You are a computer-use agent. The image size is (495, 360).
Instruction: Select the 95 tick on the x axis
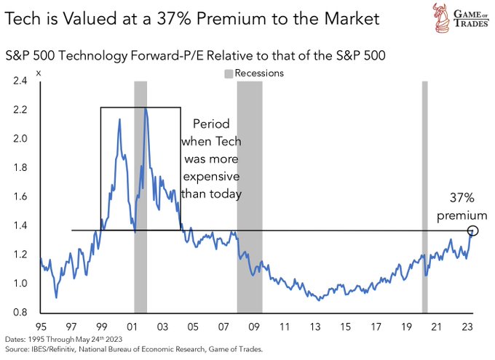pyautogui.click(x=41, y=327)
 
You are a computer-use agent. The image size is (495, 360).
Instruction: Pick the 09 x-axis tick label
pyautogui.click(x=255, y=327)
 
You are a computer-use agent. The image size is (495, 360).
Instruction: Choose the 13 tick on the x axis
pyautogui.click(x=316, y=327)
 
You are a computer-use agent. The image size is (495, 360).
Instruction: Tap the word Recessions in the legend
pyautogui.click(x=259, y=73)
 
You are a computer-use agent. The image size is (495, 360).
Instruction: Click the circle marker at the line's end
pyautogui.click(x=474, y=231)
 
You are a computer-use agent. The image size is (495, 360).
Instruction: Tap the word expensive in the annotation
pyautogui.click(x=213, y=177)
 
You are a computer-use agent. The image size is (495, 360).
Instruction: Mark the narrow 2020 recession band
pyautogui.click(x=424, y=196)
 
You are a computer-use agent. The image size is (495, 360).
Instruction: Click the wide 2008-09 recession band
pyautogui.click(x=250, y=196)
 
